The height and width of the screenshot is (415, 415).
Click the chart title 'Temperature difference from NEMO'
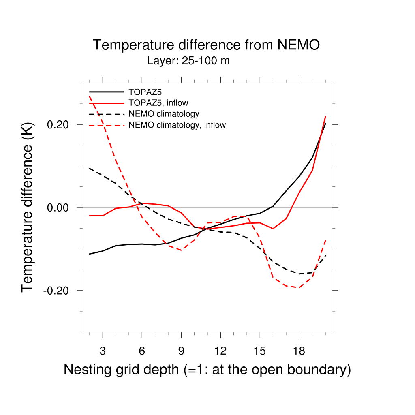tap(206, 45)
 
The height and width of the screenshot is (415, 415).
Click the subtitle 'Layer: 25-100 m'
tap(188, 61)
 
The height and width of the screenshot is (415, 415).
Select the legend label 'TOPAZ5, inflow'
tap(158, 103)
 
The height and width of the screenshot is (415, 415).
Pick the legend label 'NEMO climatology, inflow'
tap(177, 125)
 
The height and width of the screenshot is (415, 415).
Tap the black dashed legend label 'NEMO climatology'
tap(164, 114)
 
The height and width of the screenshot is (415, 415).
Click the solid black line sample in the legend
tap(107, 92)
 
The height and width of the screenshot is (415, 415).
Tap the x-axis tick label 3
tap(103, 351)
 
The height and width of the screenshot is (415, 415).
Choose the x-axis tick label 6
tap(142, 351)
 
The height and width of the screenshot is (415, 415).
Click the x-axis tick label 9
tap(181, 351)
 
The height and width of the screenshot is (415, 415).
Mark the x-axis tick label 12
tap(220, 351)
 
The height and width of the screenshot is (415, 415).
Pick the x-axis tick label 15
tap(260, 351)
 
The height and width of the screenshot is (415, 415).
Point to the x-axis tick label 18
tap(299, 351)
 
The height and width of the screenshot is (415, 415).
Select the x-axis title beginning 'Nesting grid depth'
tap(207, 370)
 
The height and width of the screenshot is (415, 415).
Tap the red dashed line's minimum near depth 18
tap(299, 287)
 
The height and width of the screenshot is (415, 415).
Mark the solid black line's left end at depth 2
tap(90, 254)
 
